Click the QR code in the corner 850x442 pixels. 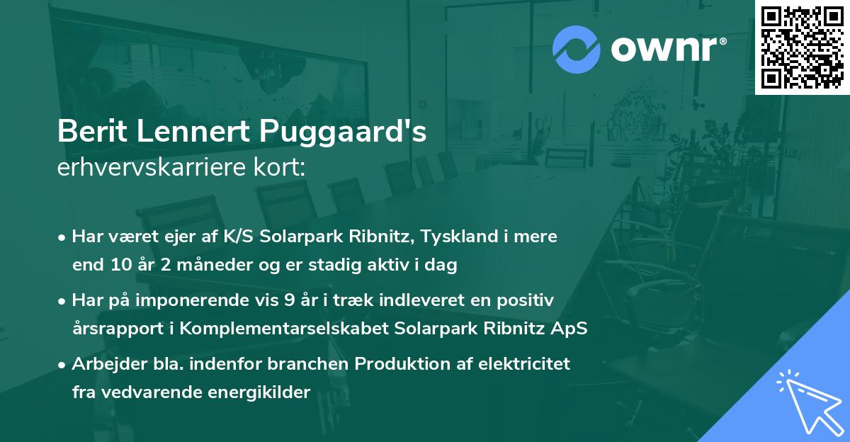pyautogui.click(x=802, y=47)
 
